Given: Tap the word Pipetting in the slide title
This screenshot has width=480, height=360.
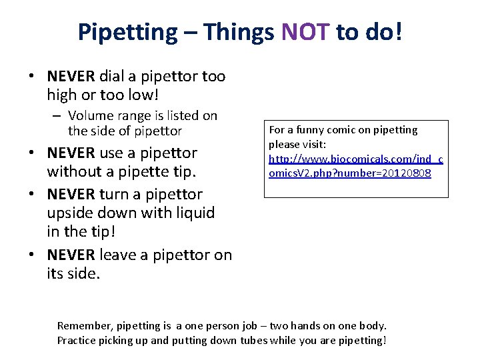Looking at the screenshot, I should [127, 31].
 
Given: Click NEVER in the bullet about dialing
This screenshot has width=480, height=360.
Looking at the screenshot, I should [71, 77].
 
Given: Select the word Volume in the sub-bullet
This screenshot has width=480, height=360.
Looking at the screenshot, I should [91, 116].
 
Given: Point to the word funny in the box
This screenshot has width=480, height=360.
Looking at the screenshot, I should [311, 130].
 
